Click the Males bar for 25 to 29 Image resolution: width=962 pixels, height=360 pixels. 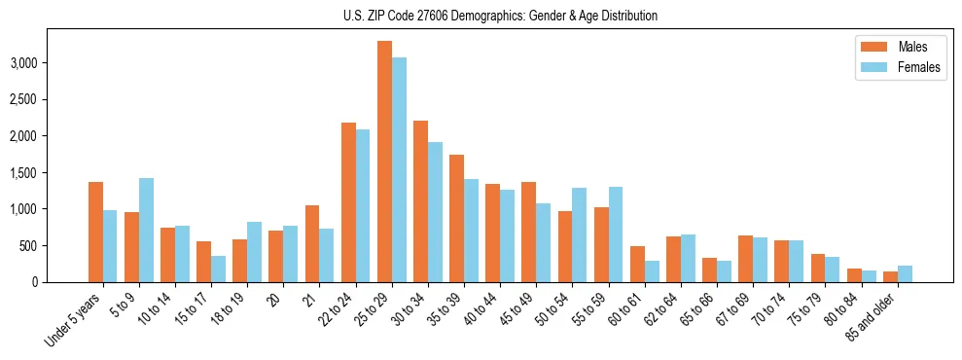384,162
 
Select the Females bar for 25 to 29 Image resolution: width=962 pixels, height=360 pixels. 399,170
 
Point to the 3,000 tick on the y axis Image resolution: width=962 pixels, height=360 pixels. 52,63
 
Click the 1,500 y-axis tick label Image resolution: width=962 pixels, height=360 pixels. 52,173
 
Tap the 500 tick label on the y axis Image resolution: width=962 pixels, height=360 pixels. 57,246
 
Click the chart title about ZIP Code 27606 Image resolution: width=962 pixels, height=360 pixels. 500,16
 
